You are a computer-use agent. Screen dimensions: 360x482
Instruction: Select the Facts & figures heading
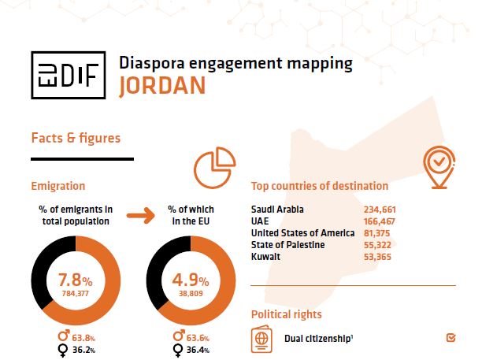tap(76, 138)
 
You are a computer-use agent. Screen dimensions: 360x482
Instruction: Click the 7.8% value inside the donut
tap(76, 280)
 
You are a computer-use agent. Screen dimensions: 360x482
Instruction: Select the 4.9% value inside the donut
tap(191, 280)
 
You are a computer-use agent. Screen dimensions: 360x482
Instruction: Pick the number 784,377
tap(76, 293)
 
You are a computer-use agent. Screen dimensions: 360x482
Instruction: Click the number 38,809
tap(191, 293)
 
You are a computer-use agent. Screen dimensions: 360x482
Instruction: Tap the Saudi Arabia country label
tap(277, 210)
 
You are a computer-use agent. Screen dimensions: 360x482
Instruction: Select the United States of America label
tap(301, 232)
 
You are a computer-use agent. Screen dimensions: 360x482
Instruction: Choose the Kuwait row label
tap(266, 256)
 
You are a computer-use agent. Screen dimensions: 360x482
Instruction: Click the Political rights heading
tap(286, 314)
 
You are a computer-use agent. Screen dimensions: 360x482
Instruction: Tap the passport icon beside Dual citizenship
tap(261, 340)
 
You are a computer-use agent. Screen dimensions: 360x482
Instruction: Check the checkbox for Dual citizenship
tap(450, 339)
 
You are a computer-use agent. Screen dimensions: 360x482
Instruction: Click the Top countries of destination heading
tap(319, 187)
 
